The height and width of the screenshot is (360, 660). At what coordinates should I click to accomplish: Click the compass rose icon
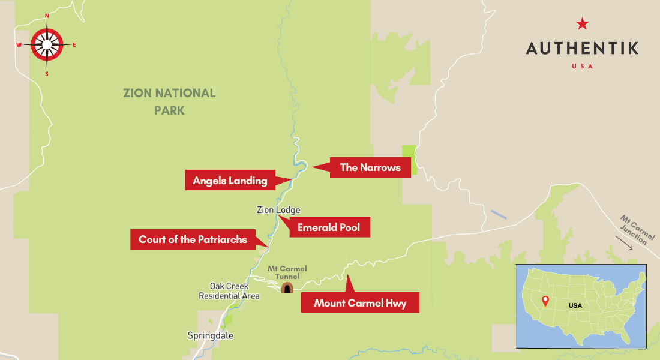pyautogui.click(x=46, y=43)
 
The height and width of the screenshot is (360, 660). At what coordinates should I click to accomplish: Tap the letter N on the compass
pyautogui.click(x=47, y=16)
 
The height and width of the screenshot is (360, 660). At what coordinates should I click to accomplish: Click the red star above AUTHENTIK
pyautogui.click(x=582, y=24)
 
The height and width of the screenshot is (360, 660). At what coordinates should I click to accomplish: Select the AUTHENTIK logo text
pyautogui.click(x=582, y=48)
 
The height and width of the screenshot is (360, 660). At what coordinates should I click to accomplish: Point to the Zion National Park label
pyautogui.click(x=169, y=101)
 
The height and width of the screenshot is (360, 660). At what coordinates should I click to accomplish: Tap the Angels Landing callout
pyautogui.click(x=230, y=180)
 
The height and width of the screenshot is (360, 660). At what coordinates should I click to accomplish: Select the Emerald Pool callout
pyautogui.click(x=329, y=228)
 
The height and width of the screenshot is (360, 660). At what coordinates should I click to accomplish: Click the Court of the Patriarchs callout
pyautogui.click(x=193, y=239)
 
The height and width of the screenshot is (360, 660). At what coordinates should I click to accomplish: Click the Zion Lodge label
pyautogui.click(x=278, y=210)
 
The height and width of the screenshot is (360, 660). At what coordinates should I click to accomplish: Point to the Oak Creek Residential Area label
pyautogui.click(x=229, y=291)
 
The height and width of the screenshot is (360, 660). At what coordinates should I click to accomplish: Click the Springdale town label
pyautogui.click(x=210, y=335)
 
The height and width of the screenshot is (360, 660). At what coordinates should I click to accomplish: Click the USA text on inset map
pyautogui.click(x=575, y=305)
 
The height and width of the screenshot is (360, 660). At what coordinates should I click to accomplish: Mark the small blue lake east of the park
pyautogui.click(x=498, y=214)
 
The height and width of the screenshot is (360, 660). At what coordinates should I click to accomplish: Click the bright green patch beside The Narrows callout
pyautogui.click(x=409, y=160)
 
